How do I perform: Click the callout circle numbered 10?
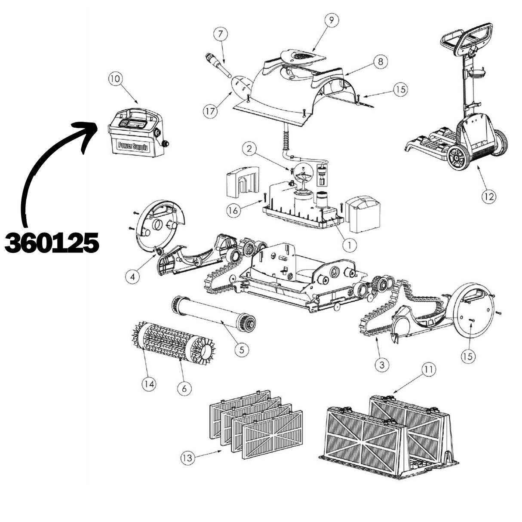115,79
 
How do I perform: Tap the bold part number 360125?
52,243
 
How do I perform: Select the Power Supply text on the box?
133,146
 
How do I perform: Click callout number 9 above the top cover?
332,20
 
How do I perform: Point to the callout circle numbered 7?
220,34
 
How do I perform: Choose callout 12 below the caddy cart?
489,197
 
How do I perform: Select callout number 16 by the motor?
233,210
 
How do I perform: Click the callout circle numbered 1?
350,245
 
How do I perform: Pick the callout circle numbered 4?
132,276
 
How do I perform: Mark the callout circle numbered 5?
242,350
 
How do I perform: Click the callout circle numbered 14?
149,384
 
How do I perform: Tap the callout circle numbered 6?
184,389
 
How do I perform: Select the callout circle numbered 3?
382,365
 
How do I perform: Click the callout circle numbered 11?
429,370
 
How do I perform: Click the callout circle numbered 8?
381,62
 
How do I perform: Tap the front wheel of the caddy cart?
458,158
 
